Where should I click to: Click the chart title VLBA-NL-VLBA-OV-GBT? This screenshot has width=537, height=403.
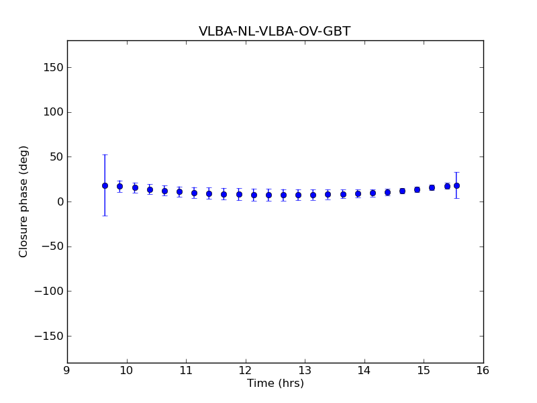coord(275,32)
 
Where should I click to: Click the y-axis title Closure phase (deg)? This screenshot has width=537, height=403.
coord(24,201)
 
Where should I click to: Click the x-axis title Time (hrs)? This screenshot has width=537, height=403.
coord(275,384)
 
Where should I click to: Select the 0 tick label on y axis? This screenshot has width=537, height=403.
coord(58,201)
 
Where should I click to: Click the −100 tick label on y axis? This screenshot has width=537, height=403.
coord(48,292)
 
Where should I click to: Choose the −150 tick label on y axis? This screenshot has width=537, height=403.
coord(48,336)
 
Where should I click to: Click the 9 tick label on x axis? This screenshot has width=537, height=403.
coord(67,370)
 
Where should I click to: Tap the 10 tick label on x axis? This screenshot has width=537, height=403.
coord(126,370)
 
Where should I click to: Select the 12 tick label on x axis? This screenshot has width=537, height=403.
coord(246,370)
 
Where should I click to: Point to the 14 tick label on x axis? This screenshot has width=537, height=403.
coord(364,370)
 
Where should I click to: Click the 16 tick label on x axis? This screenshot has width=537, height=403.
coord(483,370)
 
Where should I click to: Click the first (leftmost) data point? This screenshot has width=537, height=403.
coord(105,185)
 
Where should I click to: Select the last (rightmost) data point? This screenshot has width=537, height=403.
coord(456,185)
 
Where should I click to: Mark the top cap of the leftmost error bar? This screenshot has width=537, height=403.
coord(105,154)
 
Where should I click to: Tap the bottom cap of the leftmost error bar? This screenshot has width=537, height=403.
coord(105,216)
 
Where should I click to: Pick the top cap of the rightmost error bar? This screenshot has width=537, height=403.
coord(456,173)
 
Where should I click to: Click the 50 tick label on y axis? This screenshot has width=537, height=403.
coord(56,156)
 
